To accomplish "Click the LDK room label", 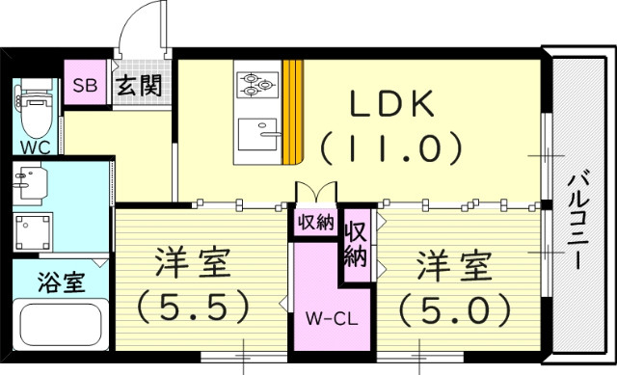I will click(x=390, y=104).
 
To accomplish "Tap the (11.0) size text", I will click(x=391, y=148).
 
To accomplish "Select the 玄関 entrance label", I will click(x=138, y=84).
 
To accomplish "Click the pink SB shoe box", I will click(x=84, y=84).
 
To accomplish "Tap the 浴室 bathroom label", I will click(x=61, y=283).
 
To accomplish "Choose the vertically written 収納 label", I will click(x=356, y=245).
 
